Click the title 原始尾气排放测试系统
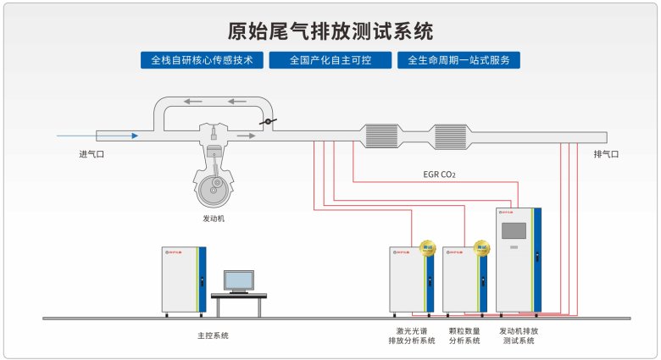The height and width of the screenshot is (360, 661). click(330, 31)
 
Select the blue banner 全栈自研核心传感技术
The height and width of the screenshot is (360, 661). click(202, 61)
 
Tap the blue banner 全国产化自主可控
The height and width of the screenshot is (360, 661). click(330, 61)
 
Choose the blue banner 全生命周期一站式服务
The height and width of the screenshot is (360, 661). click(458, 61)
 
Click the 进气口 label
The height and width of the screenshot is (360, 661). click(91, 154)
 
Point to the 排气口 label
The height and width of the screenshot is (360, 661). click(606, 154)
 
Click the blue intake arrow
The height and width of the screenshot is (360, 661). click(97, 135)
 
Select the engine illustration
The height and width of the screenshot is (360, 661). click(214, 174)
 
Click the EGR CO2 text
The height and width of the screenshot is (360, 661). click(439, 175)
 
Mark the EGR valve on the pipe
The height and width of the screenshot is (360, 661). click(267, 124)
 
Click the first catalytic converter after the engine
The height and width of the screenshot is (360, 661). click(381, 136)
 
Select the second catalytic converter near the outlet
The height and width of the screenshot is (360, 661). click(452, 136)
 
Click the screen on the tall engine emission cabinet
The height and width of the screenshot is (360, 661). click(514, 231)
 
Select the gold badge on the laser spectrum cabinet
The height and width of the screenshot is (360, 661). click(427, 248)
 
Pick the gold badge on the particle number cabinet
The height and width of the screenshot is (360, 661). click(481, 248)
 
